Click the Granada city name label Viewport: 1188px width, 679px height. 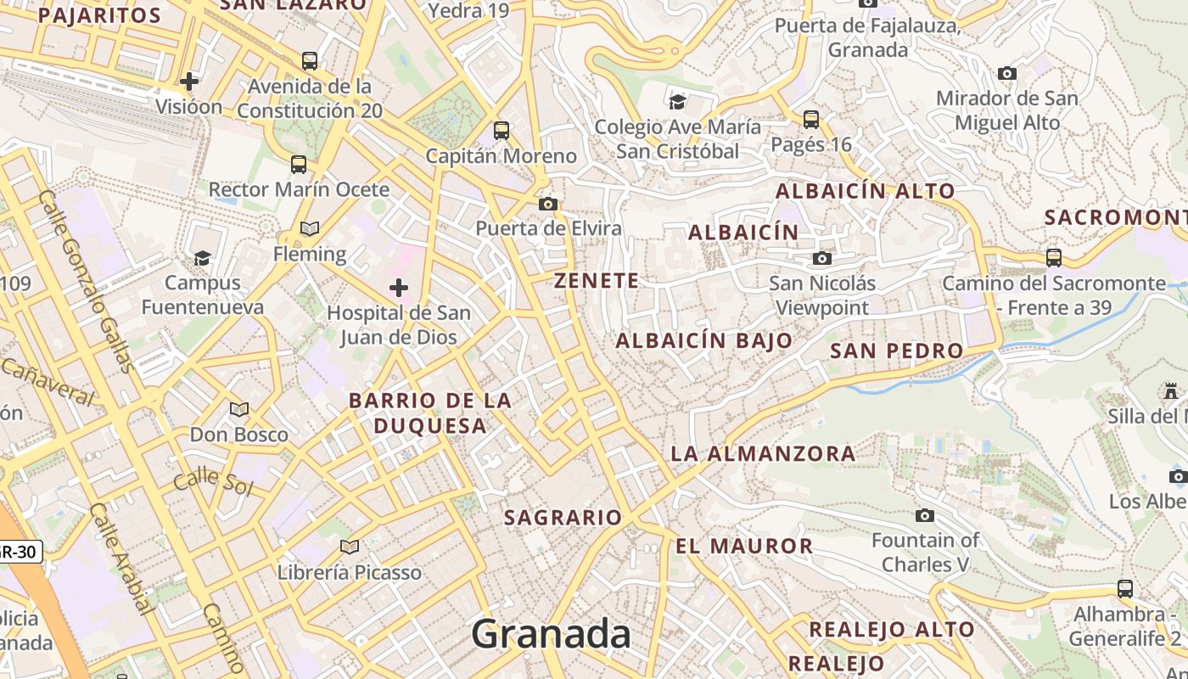coord(552,634)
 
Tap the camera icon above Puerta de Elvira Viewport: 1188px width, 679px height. coord(548,204)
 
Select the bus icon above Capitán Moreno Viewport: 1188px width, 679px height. coord(502,131)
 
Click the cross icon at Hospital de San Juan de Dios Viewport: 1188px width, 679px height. coord(399,288)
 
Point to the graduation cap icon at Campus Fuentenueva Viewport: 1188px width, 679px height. coord(202,258)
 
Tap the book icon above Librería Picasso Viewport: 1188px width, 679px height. coord(349,547)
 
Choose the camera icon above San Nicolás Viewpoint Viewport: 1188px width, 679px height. coord(821,258)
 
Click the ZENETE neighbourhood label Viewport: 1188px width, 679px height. coord(597,281)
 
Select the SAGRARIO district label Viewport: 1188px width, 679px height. coord(563,517)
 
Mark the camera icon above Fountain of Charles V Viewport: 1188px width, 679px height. coord(925,515)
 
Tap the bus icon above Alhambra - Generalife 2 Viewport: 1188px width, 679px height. coord(1125,588)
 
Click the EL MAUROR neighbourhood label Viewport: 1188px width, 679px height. coord(744,546)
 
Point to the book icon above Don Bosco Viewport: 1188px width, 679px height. coord(239,410)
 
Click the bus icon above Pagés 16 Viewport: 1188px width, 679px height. coord(811,120)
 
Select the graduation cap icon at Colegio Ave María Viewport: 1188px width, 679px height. coord(677,102)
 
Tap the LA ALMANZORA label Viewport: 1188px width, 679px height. coord(763,453)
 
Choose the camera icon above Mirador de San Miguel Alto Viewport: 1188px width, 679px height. coord(1007,74)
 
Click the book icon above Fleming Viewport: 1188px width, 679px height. coord(310,228)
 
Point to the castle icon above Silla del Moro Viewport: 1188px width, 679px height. coord(1172,391)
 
